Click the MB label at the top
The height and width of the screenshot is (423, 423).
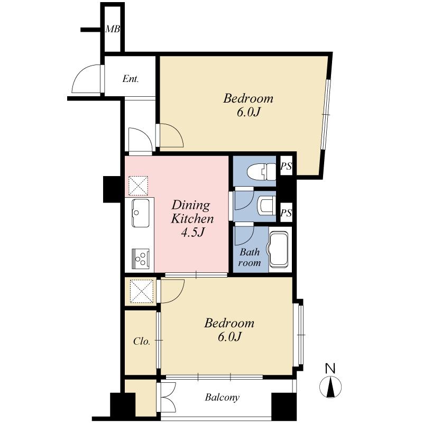coord(112,29)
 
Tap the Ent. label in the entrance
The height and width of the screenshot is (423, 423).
coord(131,79)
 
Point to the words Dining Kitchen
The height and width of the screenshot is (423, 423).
coord(191,212)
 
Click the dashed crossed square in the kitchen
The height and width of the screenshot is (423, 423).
coord(139,185)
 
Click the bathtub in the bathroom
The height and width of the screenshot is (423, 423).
coord(280,250)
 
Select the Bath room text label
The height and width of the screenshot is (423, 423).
coord(250,257)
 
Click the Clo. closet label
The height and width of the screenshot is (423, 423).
coord(141,342)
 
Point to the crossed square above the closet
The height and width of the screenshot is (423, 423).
coord(141,291)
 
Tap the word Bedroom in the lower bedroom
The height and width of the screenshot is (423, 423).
coord(229,323)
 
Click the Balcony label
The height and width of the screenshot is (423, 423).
coord(222,398)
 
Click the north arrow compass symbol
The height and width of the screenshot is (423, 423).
coord(330,387)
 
